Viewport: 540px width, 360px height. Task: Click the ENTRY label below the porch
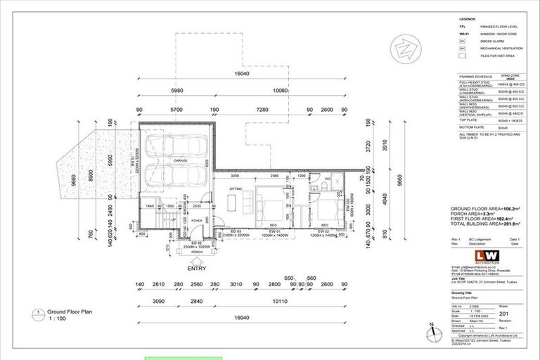click(x=198, y=267)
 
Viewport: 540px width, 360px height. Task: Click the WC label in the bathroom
click(x=328, y=179)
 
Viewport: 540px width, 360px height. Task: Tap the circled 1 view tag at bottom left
click(x=34, y=311)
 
